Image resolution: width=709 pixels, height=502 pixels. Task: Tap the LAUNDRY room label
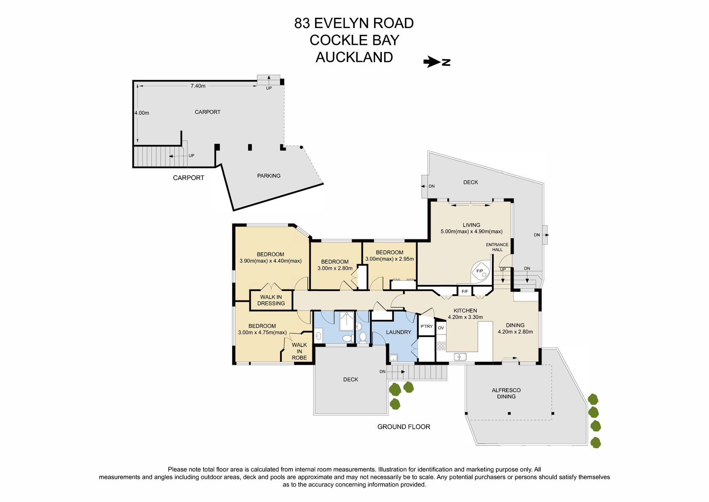coord(398,332)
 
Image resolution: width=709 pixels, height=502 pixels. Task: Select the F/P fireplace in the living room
coord(481,272)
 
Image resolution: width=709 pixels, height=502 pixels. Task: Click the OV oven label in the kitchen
coord(441,328)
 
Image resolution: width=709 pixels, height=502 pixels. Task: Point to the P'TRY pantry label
coord(427,326)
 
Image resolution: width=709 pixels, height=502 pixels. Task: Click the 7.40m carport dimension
coord(198,86)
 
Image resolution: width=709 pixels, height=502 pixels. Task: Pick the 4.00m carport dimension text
coord(142,113)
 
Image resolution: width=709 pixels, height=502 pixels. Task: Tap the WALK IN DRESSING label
coord(271,300)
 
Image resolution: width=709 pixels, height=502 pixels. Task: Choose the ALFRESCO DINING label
coord(506,393)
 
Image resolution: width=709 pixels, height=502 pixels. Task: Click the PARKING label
coord(269,176)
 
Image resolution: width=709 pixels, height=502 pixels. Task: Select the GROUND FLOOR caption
coord(404,427)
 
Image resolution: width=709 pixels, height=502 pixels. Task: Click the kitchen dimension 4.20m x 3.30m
coord(465,317)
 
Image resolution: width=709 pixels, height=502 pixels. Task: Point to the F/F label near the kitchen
coord(465,292)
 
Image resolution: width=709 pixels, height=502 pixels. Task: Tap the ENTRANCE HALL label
coord(497,247)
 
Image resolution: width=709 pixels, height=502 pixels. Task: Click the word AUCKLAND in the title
coord(354,57)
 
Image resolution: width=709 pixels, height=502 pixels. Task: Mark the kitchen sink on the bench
coord(460,357)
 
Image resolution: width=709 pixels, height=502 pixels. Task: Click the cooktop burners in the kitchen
coord(441,346)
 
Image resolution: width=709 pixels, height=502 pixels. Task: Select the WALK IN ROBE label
coord(299,351)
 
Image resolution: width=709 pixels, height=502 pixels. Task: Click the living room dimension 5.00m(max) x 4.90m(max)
coord(472,232)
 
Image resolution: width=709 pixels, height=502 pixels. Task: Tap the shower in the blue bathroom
coord(347,321)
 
